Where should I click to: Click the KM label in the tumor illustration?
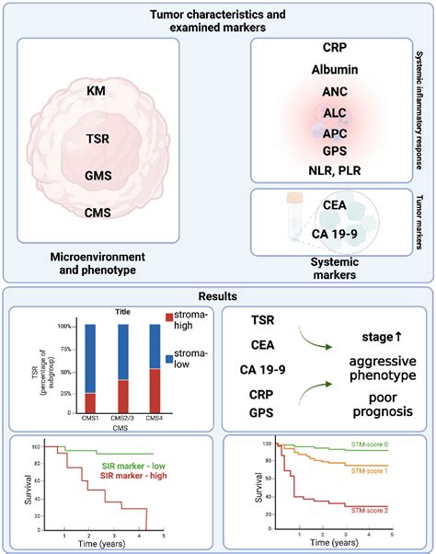[96, 91]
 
